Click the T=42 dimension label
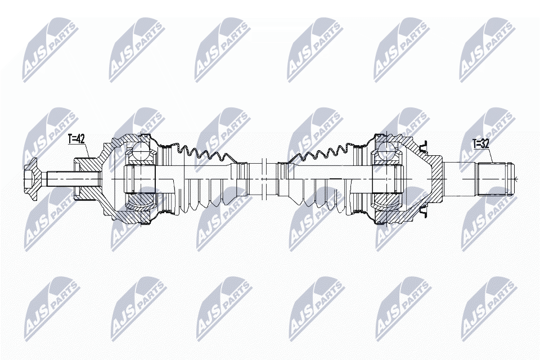pyautogui.click(x=76, y=139)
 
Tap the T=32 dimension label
pyautogui.click(x=481, y=144)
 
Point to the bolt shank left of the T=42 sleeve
pyautogui.click(x=60, y=179)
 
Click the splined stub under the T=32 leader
pyautogui.click(x=495, y=179)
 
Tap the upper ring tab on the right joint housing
pyautogui.click(x=423, y=147)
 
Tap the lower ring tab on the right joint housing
pyautogui.click(x=423, y=211)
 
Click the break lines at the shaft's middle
pyautogui.click(x=264, y=179)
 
